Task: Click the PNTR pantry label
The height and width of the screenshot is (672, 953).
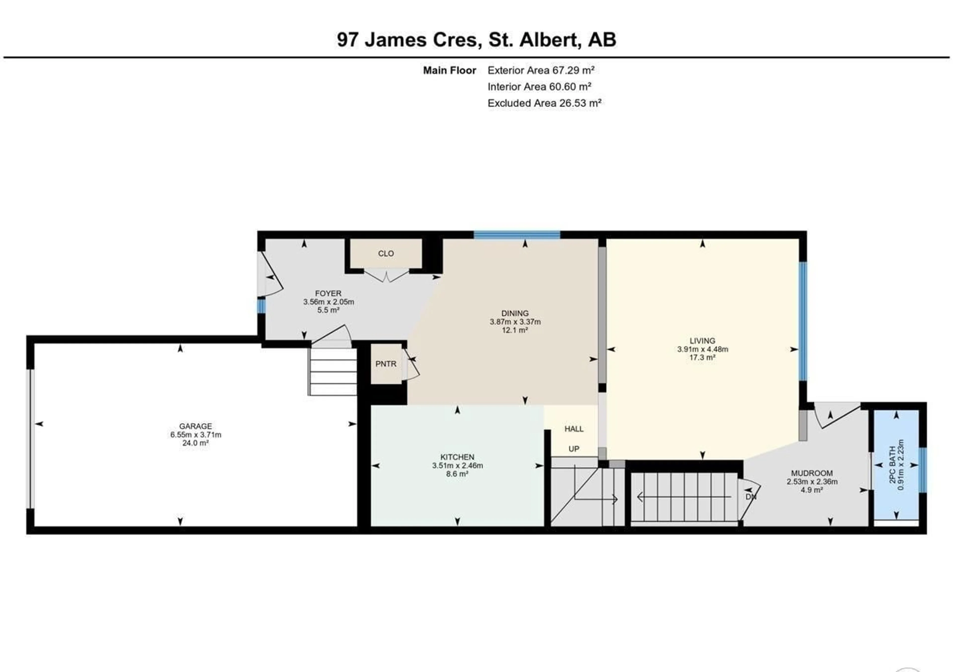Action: tap(386, 364)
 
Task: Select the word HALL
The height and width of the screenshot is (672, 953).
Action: tap(574, 429)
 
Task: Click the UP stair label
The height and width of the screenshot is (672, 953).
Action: tap(574, 449)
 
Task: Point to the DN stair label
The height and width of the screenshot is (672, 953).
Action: tap(750, 497)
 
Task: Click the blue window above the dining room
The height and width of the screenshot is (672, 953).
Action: tap(517, 235)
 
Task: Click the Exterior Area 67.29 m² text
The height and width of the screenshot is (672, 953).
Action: tap(541, 70)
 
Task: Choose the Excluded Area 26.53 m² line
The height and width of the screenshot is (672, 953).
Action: tap(544, 103)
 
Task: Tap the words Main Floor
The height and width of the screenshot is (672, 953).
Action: tap(449, 71)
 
